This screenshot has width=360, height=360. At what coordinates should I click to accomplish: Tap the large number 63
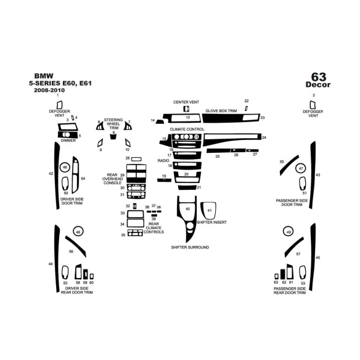318,76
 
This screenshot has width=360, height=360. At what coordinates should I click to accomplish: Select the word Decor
318,85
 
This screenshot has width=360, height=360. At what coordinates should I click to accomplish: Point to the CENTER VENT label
186,102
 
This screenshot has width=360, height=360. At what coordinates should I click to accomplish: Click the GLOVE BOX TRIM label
221,111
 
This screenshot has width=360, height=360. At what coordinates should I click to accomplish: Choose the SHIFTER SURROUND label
190,247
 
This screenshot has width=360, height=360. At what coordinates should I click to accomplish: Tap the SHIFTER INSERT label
211,221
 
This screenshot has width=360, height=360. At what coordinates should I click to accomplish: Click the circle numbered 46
65,167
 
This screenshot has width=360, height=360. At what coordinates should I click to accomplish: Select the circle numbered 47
300,168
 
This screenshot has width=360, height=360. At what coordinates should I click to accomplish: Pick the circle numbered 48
78,231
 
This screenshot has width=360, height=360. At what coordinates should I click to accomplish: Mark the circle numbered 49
288,232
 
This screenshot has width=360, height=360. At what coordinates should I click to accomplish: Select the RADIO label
163,160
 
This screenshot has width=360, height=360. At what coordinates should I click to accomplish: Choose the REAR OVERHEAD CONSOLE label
112,179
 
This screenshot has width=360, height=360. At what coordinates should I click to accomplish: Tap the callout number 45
318,256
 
